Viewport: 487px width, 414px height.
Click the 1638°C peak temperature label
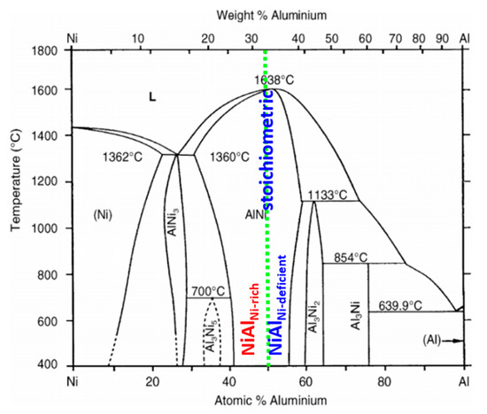point(276,80)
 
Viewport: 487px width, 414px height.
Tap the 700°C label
point(209,291)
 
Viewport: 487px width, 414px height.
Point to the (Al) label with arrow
point(429,339)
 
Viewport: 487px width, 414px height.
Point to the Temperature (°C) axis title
point(16,206)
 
